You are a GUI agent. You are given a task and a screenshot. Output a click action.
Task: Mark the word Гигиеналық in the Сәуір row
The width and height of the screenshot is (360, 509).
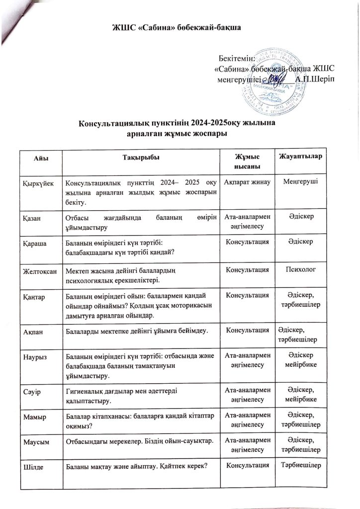click(x=84, y=391)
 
